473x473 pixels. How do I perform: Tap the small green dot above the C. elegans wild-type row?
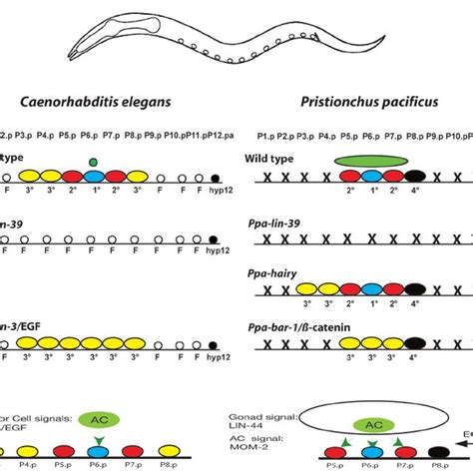pos(93,161)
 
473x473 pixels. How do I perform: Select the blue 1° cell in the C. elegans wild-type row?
pos(93,177)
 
